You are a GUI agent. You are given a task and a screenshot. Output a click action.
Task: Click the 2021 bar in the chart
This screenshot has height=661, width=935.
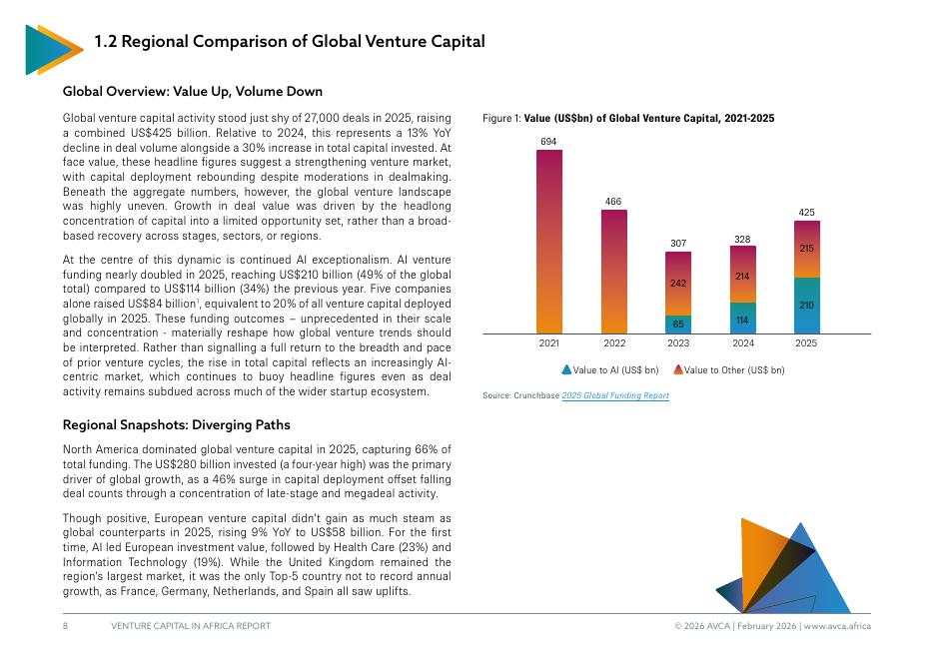[549, 241]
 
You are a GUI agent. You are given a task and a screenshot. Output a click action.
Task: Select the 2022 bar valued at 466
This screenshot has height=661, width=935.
[614, 271]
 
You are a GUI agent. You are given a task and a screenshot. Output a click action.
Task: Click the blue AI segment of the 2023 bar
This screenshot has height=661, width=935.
[678, 324]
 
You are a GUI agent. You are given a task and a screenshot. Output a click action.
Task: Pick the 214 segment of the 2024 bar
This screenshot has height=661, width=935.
[742, 275]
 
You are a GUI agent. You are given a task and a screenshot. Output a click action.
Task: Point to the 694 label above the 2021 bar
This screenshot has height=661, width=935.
[549, 142]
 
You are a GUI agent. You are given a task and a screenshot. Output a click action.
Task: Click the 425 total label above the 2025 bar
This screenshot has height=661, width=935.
[806, 212]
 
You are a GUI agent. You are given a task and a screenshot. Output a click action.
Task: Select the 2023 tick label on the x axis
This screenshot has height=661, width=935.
[678, 343]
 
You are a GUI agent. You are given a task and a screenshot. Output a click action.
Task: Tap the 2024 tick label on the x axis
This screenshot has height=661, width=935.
[742, 343]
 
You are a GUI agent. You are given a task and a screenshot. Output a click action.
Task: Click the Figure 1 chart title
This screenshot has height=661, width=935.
[628, 119]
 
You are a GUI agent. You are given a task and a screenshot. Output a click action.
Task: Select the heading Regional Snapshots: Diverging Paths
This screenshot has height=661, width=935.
[176, 425]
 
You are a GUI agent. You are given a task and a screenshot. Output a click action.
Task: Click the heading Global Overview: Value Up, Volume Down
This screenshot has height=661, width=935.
[192, 91]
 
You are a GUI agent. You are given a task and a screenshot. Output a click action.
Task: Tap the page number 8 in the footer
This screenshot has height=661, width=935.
[65, 626]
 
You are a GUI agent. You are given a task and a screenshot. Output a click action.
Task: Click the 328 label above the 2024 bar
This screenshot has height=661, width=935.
[742, 240]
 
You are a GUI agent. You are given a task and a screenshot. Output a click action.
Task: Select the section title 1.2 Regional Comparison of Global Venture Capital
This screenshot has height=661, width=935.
[289, 42]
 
